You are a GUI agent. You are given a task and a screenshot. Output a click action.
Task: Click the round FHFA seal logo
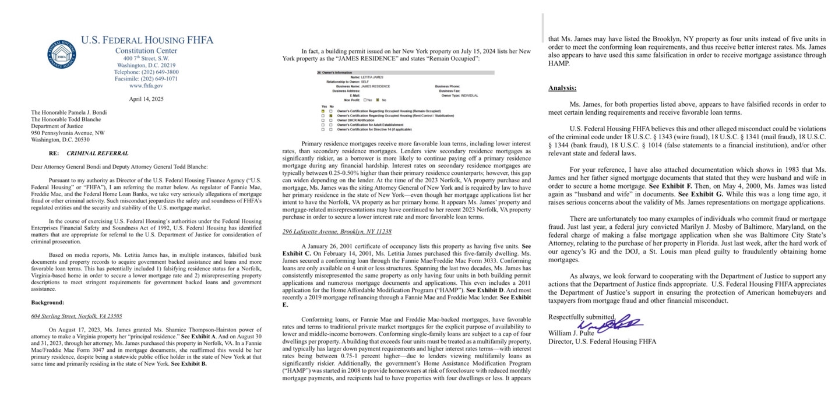[61, 54]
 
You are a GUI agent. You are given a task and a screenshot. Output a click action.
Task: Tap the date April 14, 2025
[146, 99]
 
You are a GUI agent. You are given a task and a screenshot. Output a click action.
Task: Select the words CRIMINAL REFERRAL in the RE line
[97, 154]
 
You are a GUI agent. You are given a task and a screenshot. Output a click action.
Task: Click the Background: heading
[47, 303]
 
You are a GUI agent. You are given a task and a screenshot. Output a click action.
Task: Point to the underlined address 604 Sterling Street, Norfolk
[76, 316]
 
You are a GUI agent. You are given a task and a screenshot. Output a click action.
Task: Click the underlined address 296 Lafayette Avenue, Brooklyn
[337, 231]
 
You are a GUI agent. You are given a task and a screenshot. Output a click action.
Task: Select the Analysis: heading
[562, 88]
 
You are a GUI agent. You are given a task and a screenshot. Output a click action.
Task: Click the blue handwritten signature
[609, 323]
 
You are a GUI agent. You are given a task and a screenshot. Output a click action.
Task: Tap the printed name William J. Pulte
[571, 333]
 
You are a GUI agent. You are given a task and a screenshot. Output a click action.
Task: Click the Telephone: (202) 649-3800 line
[146, 72]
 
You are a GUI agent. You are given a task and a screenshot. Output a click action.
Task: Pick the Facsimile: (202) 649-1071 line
[146, 79]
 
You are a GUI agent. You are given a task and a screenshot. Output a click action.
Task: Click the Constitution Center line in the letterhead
[146, 51]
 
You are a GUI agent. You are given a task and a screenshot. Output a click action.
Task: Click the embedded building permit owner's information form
[404, 100]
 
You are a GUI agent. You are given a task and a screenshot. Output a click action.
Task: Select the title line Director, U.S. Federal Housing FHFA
[602, 341]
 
